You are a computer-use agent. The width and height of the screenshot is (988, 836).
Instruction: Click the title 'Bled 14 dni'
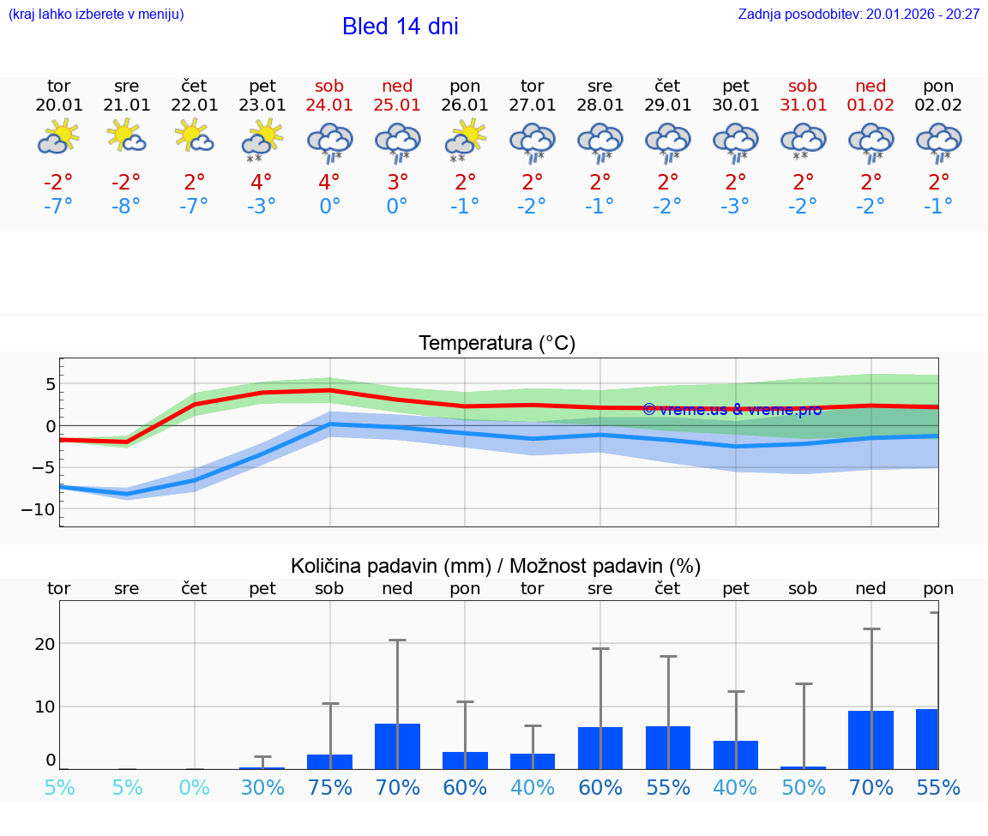400,27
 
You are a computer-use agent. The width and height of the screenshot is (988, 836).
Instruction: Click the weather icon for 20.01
58,138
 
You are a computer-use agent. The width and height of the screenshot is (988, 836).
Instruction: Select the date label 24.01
329,105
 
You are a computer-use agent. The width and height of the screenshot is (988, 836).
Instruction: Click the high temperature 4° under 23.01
262,182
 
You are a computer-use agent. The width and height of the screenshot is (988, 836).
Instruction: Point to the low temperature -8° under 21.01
126,207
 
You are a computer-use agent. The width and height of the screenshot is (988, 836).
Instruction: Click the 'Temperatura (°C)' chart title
497,344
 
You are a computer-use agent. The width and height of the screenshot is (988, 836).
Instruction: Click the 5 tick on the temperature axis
51,383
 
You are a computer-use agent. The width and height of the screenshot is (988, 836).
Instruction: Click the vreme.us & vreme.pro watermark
732,409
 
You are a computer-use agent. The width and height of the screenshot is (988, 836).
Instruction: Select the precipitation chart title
496,566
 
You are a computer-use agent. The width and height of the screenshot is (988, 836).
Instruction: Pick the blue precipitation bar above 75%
330,761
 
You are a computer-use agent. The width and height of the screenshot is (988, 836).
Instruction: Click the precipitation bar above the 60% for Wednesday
600,748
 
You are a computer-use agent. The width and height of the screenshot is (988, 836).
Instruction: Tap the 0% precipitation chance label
195,787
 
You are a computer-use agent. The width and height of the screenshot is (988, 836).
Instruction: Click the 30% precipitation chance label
262,787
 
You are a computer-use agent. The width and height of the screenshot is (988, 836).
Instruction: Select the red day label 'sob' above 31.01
804,86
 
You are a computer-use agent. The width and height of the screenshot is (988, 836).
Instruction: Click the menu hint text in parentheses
96,14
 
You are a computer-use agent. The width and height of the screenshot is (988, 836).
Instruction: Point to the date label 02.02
938,105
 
